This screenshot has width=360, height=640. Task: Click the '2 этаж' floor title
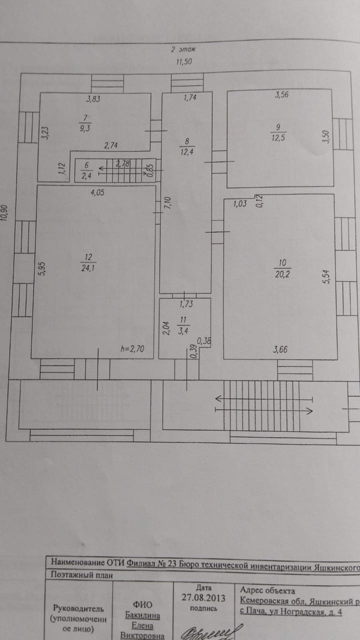[183, 49]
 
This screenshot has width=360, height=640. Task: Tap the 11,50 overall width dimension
[183, 62]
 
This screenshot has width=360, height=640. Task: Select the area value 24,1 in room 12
[88, 267]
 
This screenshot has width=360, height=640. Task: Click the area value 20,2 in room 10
[282, 273]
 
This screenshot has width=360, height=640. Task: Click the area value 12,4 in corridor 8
[185, 150]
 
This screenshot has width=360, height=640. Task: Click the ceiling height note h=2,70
[132, 349]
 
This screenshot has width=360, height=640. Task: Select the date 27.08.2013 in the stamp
[203, 597]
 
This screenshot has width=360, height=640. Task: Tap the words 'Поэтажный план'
[82, 575]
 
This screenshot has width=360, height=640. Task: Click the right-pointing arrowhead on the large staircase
[309, 411]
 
